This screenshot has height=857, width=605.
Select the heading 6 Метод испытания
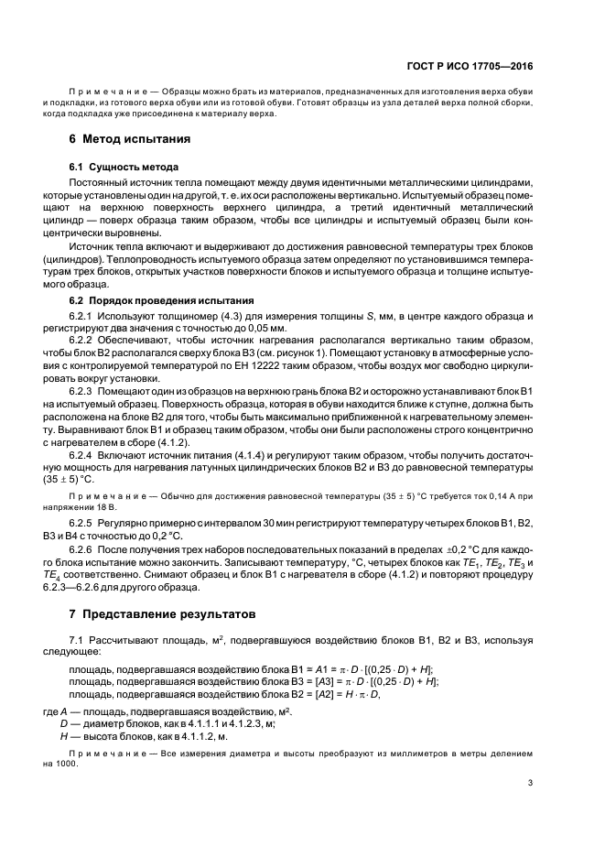coord(130,141)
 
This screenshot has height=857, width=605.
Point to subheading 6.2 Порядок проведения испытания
coord(157,300)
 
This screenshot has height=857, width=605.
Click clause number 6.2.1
coord(85,315)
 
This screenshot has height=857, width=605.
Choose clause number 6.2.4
coord(85,455)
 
